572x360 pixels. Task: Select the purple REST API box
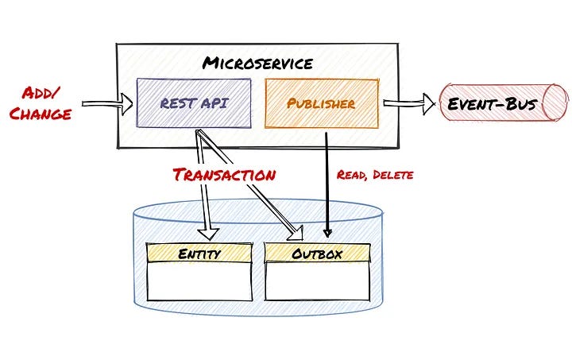(x=194, y=103)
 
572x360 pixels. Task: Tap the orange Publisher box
(x=321, y=103)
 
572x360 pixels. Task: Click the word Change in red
(x=40, y=113)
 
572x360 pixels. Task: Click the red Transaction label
(x=225, y=174)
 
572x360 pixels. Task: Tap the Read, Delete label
(x=375, y=175)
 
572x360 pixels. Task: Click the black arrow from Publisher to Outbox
(x=327, y=183)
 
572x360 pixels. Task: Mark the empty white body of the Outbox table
(x=318, y=281)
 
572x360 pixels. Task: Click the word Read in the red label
(x=350, y=175)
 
